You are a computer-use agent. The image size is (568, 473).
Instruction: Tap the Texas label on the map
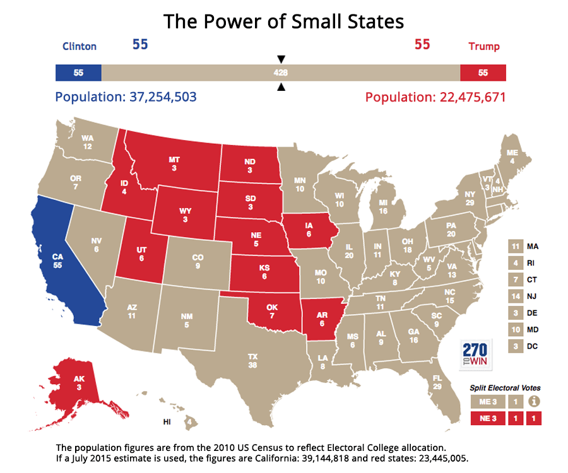[252, 360]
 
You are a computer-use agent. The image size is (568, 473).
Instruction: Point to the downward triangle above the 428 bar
[281, 59]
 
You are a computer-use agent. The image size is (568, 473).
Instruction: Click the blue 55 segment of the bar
[78, 73]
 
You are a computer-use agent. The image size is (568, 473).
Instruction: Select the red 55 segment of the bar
[483, 73]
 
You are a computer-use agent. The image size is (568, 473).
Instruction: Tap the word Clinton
[80, 46]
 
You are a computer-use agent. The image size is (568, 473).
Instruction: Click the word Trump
[484, 46]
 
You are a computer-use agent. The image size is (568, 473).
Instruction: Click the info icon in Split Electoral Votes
[535, 401]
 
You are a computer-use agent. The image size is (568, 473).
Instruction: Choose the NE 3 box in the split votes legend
[487, 418]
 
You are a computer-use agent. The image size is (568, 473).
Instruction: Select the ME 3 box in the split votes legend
[487, 401]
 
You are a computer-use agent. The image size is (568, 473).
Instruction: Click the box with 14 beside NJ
[516, 296]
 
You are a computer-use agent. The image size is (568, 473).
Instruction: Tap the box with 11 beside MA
[516, 245]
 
